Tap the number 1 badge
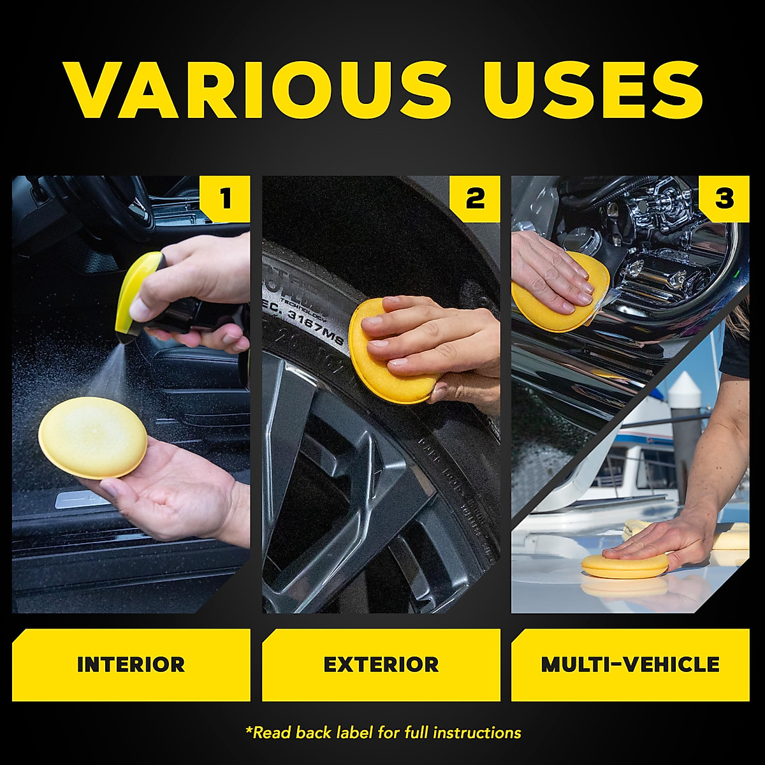pyautogui.click(x=225, y=199)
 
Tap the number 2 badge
pyautogui.click(x=475, y=199)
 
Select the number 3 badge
pyautogui.click(x=724, y=199)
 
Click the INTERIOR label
pyautogui.click(x=131, y=665)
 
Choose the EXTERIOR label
pyautogui.click(x=381, y=665)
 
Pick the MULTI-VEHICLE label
pyautogui.click(x=630, y=665)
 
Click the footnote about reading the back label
pyautogui.click(x=383, y=733)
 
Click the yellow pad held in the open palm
pyautogui.click(x=92, y=437)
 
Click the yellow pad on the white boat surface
pyautogui.click(x=625, y=565)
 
